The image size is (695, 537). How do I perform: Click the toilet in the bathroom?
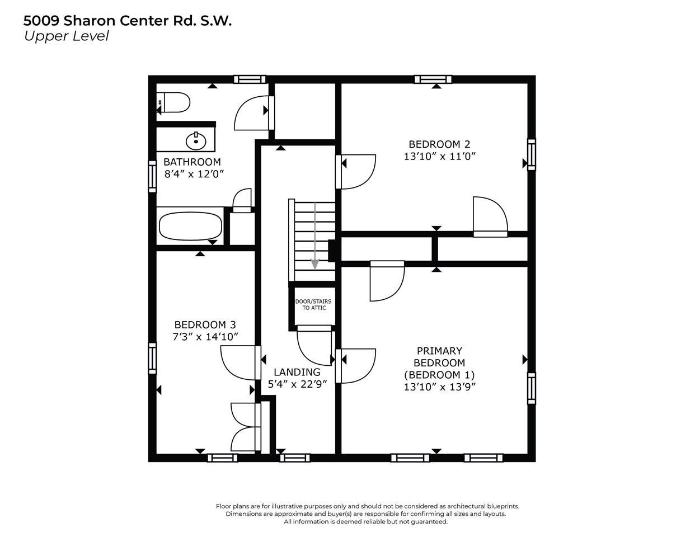click(x=175, y=103)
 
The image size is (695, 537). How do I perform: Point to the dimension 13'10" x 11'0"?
click(x=439, y=157)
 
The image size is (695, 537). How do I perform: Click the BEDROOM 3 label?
click(x=205, y=324)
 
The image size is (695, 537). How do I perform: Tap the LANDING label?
click(x=297, y=372)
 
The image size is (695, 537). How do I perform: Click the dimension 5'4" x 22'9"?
click(x=297, y=384)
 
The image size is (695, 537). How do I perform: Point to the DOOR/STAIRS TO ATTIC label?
click(x=313, y=305)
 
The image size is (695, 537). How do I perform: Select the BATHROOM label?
click(x=192, y=162)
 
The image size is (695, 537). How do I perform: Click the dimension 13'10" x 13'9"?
click(x=439, y=387)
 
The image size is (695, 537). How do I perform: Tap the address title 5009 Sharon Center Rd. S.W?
click(x=127, y=21)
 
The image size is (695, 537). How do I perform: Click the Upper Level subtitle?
click(x=66, y=36)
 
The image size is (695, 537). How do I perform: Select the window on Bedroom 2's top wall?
click(x=433, y=79)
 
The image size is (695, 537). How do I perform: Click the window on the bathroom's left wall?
click(x=152, y=176)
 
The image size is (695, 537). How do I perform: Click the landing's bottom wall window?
click(x=295, y=458)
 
